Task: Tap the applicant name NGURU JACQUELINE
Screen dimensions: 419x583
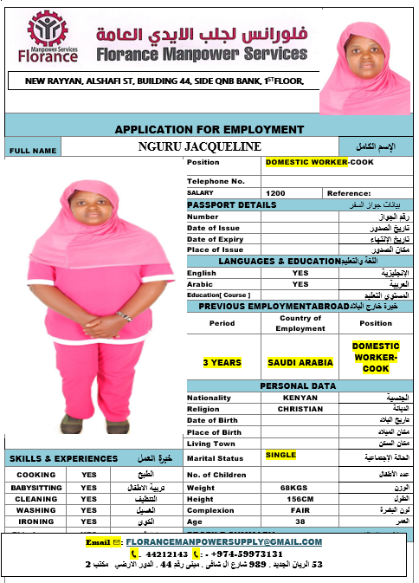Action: [199, 146]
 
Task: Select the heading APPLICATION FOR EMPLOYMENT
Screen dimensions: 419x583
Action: [209, 129]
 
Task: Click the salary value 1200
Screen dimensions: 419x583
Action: [276, 193]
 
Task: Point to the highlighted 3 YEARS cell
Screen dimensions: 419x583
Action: [222, 362]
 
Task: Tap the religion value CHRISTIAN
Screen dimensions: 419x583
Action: [300, 409]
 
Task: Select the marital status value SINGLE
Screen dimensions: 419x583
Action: [280, 455]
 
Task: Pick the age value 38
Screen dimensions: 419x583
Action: [300, 521]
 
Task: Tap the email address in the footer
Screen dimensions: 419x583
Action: [223, 542]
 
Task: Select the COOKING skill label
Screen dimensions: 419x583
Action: [35, 475]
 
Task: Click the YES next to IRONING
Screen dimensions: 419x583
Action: [88, 521]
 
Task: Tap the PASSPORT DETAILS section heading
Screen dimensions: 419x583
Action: [232, 205]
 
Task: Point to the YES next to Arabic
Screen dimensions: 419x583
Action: [300, 284]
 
